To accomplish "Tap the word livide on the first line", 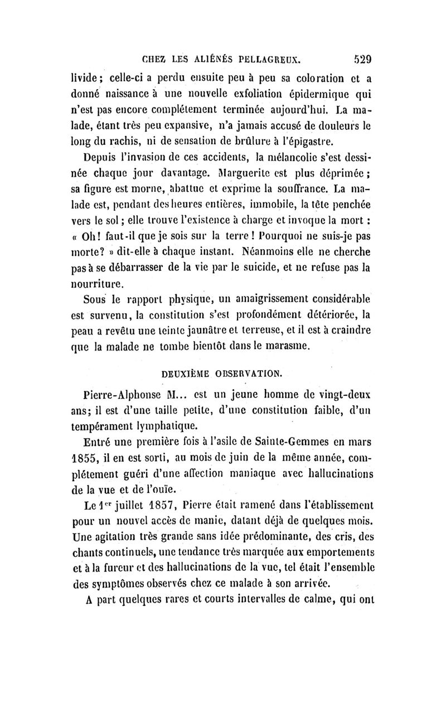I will [89, 77].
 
